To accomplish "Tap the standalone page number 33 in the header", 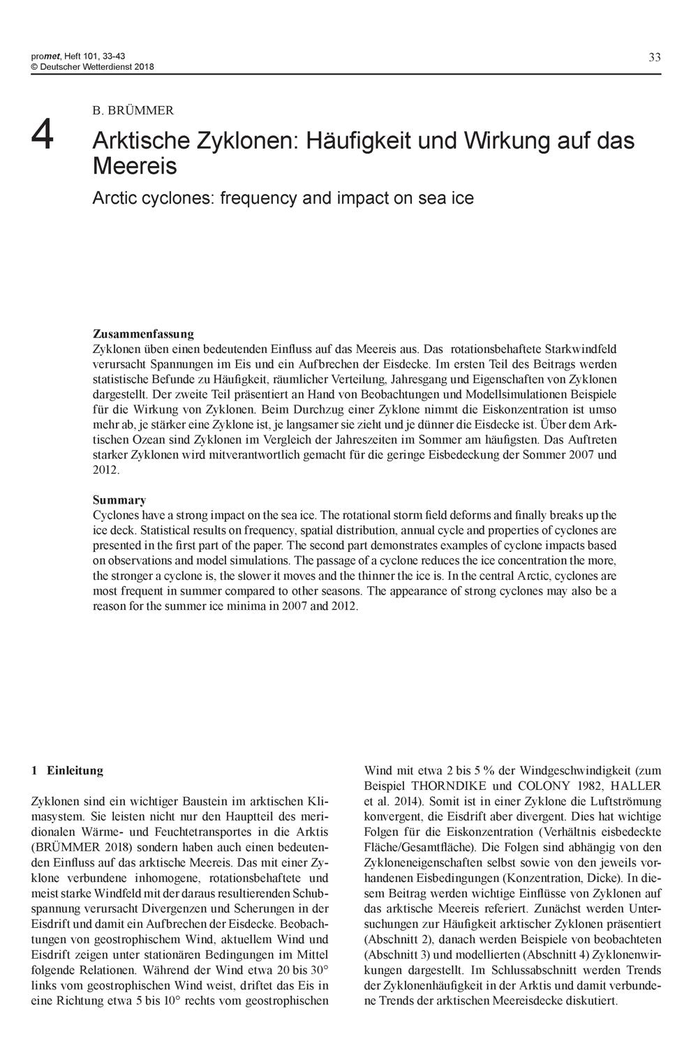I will (x=654, y=58).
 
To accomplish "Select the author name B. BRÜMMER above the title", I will (x=133, y=110).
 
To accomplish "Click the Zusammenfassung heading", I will (x=143, y=334).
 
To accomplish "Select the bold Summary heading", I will (x=119, y=500).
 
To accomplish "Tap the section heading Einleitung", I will (x=75, y=770).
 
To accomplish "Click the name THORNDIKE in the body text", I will (x=455, y=786).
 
